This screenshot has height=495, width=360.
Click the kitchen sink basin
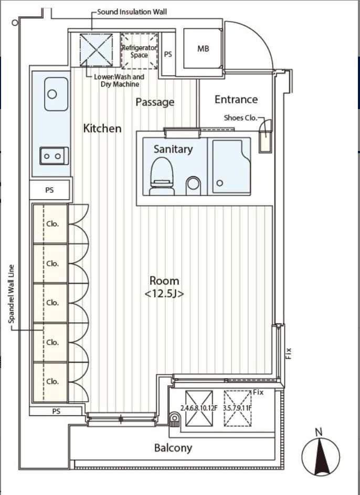[x=56, y=94]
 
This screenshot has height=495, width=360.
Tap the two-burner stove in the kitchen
[x=54, y=156]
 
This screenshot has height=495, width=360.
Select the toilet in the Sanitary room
[x=162, y=177]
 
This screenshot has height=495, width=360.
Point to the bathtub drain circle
[x=220, y=183]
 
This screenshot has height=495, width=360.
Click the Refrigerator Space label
[x=140, y=51]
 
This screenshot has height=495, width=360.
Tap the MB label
[x=203, y=49]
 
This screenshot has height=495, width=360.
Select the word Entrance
[x=236, y=100]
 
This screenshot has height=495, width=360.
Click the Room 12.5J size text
[x=164, y=294]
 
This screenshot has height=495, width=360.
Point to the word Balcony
[x=173, y=448]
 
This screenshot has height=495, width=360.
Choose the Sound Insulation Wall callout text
[x=132, y=12]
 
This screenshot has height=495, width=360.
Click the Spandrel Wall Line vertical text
[x=12, y=294]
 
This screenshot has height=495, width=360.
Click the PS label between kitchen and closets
[x=50, y=190]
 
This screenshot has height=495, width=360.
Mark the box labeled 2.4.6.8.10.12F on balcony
[x=199, y=408]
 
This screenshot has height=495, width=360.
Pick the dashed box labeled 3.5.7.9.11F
[x=237, y=408]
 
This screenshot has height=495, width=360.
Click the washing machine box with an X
[x=96, y=50]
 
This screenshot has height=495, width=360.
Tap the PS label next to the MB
[x=168, y=55]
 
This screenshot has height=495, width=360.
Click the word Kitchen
[x=102, y=128]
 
